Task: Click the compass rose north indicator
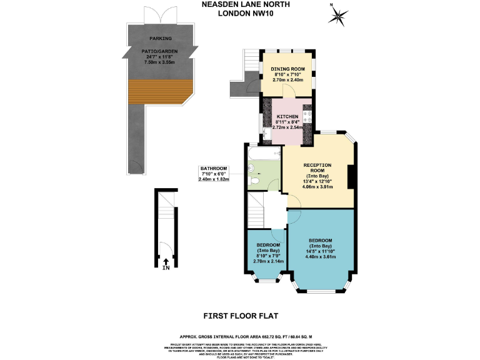[339, 14]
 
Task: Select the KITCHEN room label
[287, 116]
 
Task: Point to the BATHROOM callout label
[214, 169]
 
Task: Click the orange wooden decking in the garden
[153, 91]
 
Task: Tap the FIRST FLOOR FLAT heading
[240, 317]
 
